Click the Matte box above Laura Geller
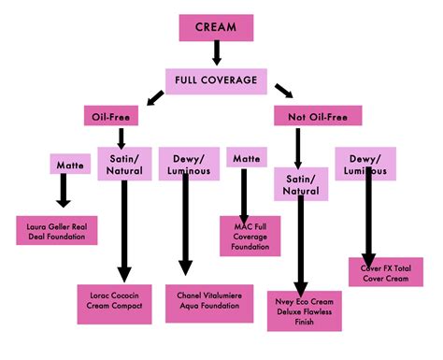(64, 165)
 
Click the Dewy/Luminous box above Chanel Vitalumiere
(186, 161)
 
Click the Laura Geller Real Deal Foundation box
(63, 229)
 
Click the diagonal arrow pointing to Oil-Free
(151, 95)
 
